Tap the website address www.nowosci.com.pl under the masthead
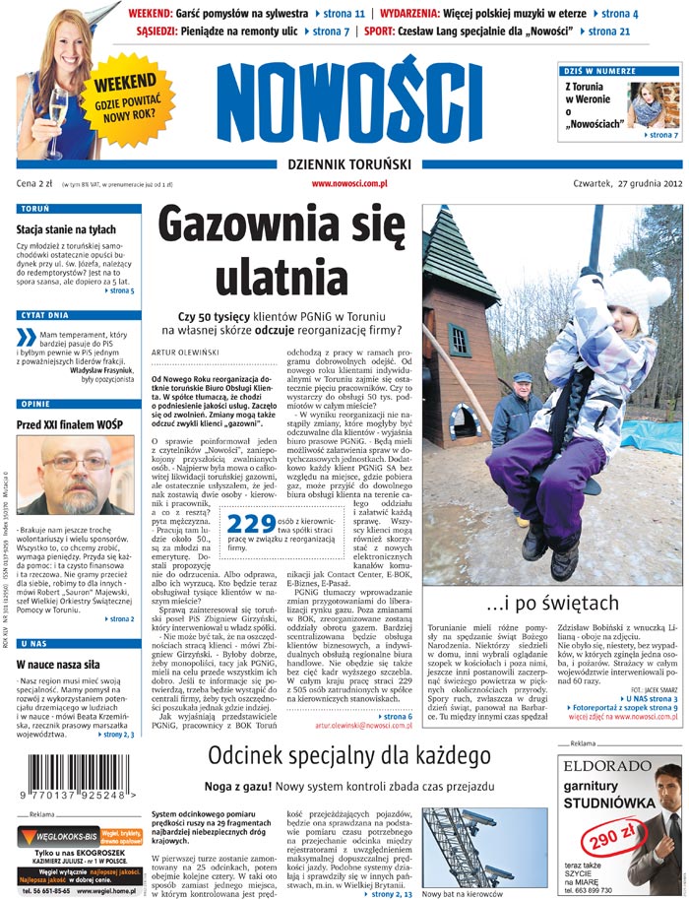tap(349, 183)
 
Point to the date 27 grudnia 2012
tap(641, 183)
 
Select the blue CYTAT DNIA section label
tap(43, 316)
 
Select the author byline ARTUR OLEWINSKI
tap(184, 353)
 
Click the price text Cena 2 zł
tap(33, 184)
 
